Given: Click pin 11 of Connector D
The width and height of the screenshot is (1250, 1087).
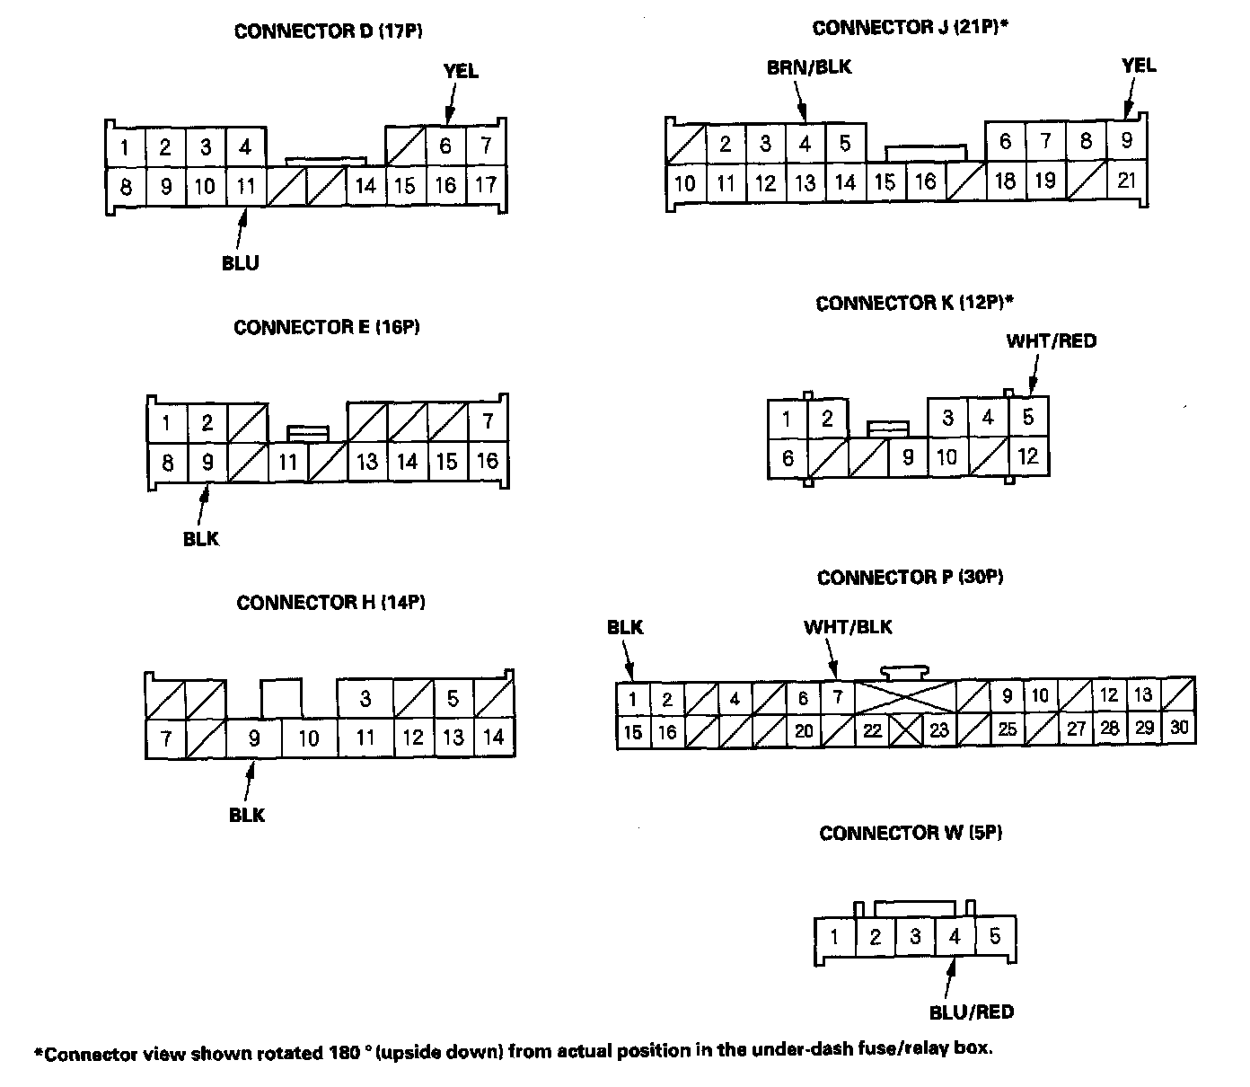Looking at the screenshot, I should (245, 187).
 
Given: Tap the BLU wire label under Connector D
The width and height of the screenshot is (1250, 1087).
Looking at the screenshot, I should (241, 263).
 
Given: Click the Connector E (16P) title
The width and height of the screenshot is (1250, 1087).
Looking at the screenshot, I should (327, 327).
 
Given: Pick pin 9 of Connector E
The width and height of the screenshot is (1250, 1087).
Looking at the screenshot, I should (207, 462).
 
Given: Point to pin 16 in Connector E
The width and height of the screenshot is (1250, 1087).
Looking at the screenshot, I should (487, 462).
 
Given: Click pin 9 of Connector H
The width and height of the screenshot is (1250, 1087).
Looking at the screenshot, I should (254, 738).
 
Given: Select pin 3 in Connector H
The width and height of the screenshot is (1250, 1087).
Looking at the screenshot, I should (365, 698).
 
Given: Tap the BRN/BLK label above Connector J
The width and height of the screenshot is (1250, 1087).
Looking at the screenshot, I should (808, 67).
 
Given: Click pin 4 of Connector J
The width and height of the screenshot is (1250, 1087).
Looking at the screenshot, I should (805, 143).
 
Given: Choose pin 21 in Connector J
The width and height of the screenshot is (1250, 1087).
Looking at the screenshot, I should (1127, 181).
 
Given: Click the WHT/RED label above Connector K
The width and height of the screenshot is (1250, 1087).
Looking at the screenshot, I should (1052, 341).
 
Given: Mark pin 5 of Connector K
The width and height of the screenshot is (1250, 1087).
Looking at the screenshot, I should (1028, 417).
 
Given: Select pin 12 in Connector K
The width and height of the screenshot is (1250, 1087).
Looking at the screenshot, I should (1028, 456).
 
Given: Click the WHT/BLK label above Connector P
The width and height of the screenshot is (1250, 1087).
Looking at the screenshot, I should (848, 627).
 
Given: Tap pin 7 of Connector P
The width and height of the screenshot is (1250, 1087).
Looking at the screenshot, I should (837, 697).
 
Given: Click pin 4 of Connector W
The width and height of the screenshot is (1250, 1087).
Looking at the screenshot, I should (955, 937).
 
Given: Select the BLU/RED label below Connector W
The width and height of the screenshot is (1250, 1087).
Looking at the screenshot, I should (972, 1012).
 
